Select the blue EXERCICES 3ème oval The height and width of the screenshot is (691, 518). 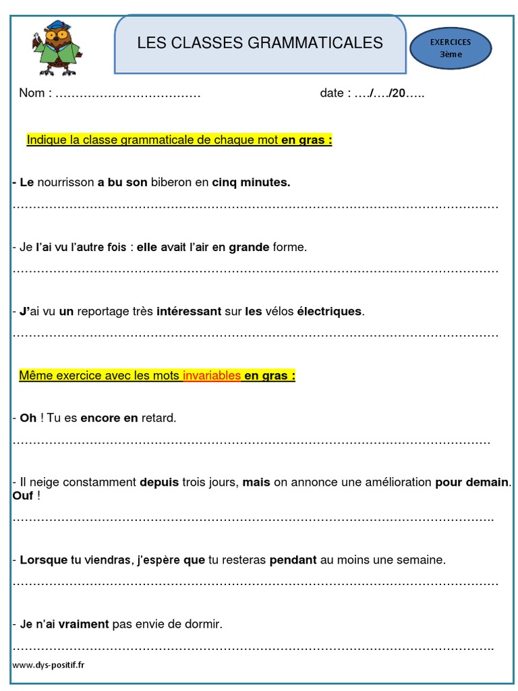(451, 49)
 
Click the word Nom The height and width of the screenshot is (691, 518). (31, 93)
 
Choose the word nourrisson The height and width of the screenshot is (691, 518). (66, 182)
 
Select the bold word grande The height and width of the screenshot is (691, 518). (249, 247)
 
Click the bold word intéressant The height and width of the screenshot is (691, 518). (189, 312)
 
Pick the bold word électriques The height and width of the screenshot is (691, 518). (330, 312)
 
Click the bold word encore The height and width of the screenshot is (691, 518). (100, 418)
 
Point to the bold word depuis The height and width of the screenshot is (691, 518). (159, 482)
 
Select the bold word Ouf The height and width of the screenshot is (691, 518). (23, 497)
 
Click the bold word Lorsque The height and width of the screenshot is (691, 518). (44, 560)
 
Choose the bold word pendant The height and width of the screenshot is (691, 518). (293, 560)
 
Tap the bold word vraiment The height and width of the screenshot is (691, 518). (84, 625)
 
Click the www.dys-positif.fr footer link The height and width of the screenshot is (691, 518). (49, 665)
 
